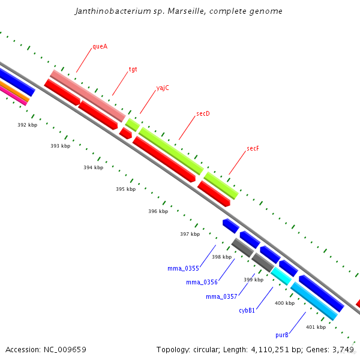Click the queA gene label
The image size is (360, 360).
pos(100,47)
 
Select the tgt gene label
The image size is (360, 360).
pos(133,69)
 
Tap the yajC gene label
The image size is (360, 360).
pos(163,88)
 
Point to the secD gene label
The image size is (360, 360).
pos(203,113)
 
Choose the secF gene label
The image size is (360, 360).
pos(253,148)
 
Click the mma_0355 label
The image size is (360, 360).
pos(183,269)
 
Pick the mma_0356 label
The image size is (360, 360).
pos(202,282)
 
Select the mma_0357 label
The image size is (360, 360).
pos(221,296)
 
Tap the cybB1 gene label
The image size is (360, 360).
pos(247,310)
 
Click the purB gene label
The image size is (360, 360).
pos(282,335)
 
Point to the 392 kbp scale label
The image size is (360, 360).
pos(27,125)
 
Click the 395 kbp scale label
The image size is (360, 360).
pos(125,189)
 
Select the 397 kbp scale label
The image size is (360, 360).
pos(190,234)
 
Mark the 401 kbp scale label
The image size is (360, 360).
pos(316,327)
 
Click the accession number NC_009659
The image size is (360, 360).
pos(65,349)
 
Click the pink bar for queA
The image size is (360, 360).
pos(87,95)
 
